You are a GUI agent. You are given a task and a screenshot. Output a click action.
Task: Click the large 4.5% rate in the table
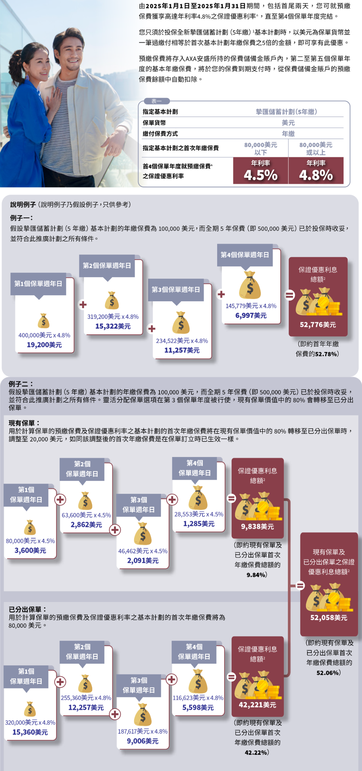click(x=260, y=175)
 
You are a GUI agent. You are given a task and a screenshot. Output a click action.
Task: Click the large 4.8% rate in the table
click(x=316, y=175)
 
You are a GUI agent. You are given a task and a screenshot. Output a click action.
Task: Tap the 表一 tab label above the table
click(x=157, y=101)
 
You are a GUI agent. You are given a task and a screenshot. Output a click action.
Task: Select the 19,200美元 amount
click(x=44, y=345)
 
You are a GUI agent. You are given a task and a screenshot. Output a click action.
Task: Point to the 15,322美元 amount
click(x=113, y=326)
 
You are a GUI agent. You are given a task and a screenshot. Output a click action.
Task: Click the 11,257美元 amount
click(x=182, y=351)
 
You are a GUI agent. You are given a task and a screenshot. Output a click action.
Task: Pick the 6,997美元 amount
click(x=251, y=316)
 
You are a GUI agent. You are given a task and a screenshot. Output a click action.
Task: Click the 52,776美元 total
click(x=318, y=325)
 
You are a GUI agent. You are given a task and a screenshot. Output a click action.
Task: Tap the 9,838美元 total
click(x=257, y=527)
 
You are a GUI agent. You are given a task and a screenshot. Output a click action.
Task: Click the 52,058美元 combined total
click(x=329, y=618)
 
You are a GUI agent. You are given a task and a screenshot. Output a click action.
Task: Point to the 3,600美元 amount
click(x=30, y=551)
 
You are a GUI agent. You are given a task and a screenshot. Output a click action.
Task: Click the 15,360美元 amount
click(x=30, y=732)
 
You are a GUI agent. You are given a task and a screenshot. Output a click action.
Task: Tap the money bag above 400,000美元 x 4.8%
click(x=44, y=321)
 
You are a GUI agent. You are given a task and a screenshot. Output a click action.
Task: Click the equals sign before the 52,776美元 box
click(x=290, y=295)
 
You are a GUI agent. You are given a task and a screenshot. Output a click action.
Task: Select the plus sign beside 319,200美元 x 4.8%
click(x=83, y=305)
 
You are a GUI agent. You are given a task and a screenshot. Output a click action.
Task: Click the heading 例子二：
click(x=21, y=384)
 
